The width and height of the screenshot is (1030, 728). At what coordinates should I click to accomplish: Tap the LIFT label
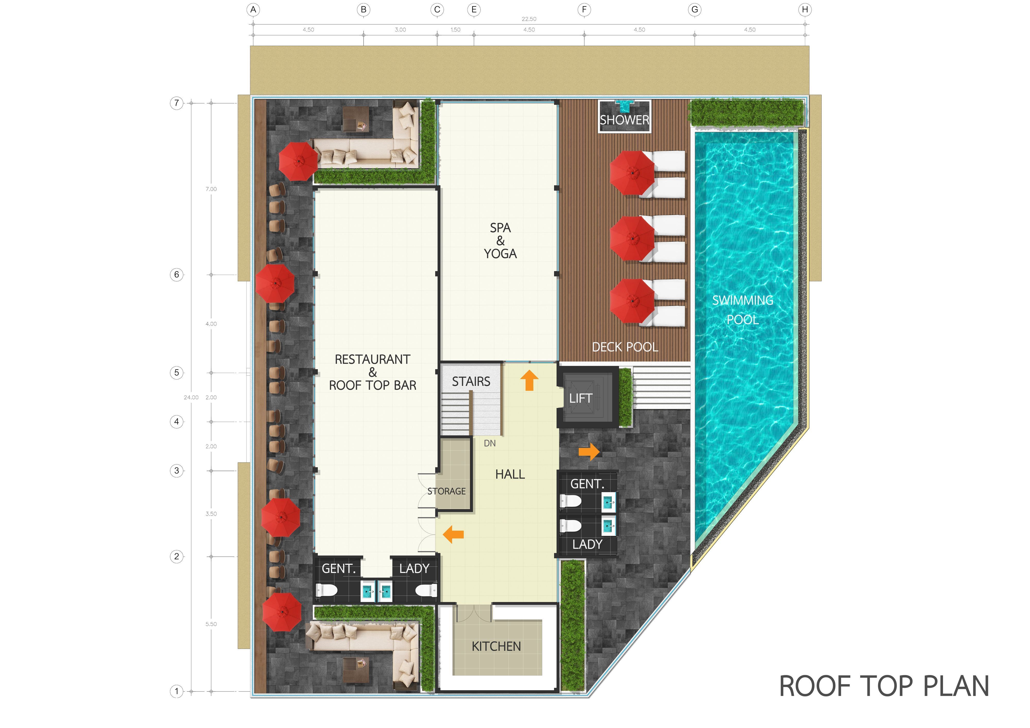pyautogui.click(x=580, y=398)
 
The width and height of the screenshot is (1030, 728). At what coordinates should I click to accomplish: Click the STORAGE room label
pyautogui.click(x=446, y=491)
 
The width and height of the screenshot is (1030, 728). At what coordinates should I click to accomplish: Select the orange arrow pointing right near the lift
pyautogui.click(x=589, y=452)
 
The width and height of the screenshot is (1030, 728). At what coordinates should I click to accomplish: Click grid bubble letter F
pyautogui.click(x=584, y=10)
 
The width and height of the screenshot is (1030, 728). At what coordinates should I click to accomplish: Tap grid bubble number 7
pyautogui.click(x=177, y=103)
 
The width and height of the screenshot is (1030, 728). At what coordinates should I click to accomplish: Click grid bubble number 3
pyautogui.click(x=177, y=471)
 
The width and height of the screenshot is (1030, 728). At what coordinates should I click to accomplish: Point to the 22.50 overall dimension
pyautogui.click(x=529, y=19)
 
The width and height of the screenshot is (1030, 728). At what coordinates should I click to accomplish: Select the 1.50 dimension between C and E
pyautogui.click(x=455, y=30)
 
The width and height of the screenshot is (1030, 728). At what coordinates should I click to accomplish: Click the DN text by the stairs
pyautogui.click(x=490, y=443)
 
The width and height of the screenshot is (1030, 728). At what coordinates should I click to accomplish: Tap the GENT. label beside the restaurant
pyautogui.click(x=339, y=569)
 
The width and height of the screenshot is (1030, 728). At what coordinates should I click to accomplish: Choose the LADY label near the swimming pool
pyautogui.click(x=587, y=544)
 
